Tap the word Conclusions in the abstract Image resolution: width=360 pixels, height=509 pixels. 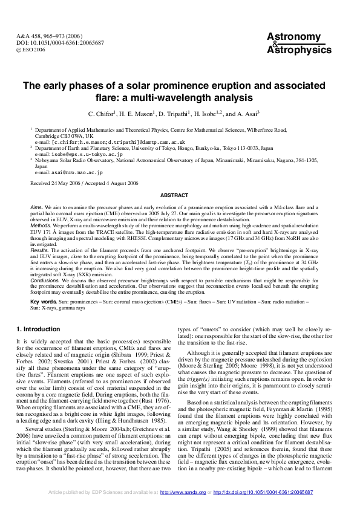(45, 280)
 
